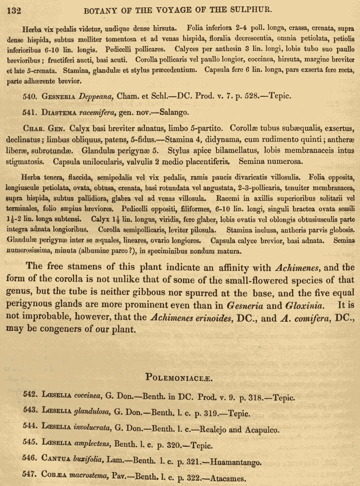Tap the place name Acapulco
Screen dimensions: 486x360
[x=259, y=430]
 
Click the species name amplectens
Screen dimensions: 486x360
[x=92, y=444]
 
